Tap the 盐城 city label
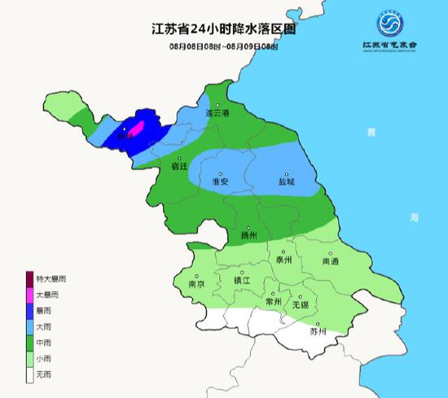click(287, 182)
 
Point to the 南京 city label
click(196, 285)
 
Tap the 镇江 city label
click(242, 280)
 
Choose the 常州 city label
click(273, 301)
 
